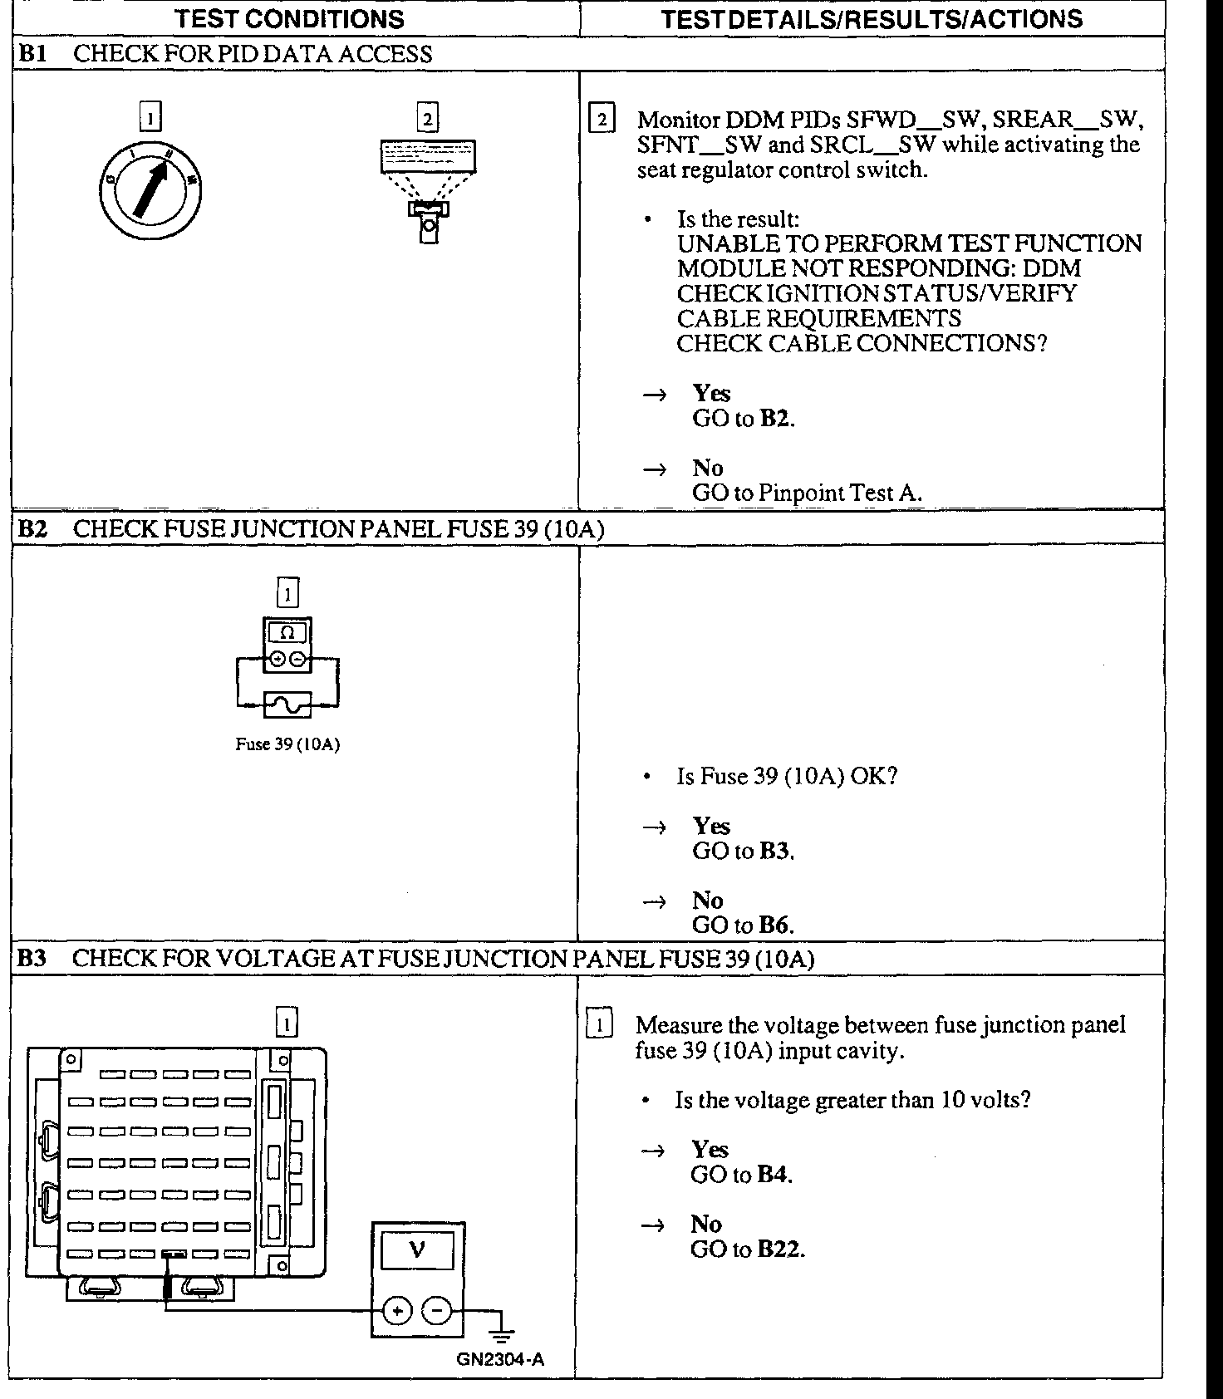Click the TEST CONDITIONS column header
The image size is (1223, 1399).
290,18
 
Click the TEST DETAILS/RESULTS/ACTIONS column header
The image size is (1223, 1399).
872,18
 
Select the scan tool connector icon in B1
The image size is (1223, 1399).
428,191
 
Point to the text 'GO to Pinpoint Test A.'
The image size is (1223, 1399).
807,493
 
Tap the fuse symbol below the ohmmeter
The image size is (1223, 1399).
287,704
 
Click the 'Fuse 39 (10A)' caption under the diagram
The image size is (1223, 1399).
287,744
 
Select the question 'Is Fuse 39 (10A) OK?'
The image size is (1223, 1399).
787,777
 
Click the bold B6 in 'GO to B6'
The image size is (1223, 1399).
776,925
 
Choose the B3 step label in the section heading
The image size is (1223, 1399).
32,959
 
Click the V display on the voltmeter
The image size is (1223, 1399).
418,1249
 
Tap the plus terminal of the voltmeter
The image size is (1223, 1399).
398,1311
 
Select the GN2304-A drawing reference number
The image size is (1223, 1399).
500,1360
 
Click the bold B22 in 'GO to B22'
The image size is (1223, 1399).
780,1249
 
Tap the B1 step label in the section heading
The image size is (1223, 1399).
32,55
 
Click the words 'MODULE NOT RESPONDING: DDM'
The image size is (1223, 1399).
879,269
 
